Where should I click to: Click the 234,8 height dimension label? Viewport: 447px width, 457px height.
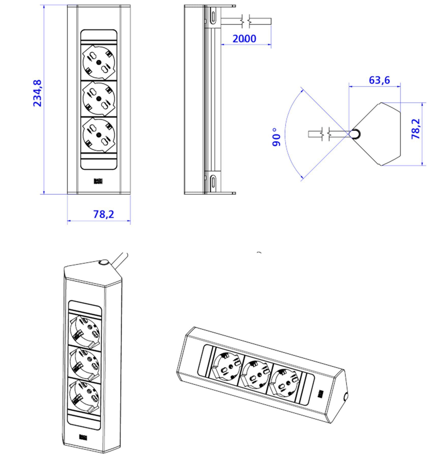[37, 93]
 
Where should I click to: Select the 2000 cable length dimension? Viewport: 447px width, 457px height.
[244, 39]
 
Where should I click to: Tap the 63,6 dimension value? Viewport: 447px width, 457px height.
[379, 80]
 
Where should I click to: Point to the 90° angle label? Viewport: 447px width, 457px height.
[277, 137]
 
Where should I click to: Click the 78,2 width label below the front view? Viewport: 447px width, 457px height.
[104, 214]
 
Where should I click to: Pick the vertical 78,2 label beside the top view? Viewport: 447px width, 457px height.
[416, 129]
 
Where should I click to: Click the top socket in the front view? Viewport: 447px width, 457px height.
[99, 62]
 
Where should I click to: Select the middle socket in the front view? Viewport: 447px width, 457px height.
[99, 99]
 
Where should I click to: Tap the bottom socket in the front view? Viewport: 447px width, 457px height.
[99, 135]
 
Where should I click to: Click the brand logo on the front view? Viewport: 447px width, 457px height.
[98, 181]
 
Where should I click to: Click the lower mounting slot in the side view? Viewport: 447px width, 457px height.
[213, 182]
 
